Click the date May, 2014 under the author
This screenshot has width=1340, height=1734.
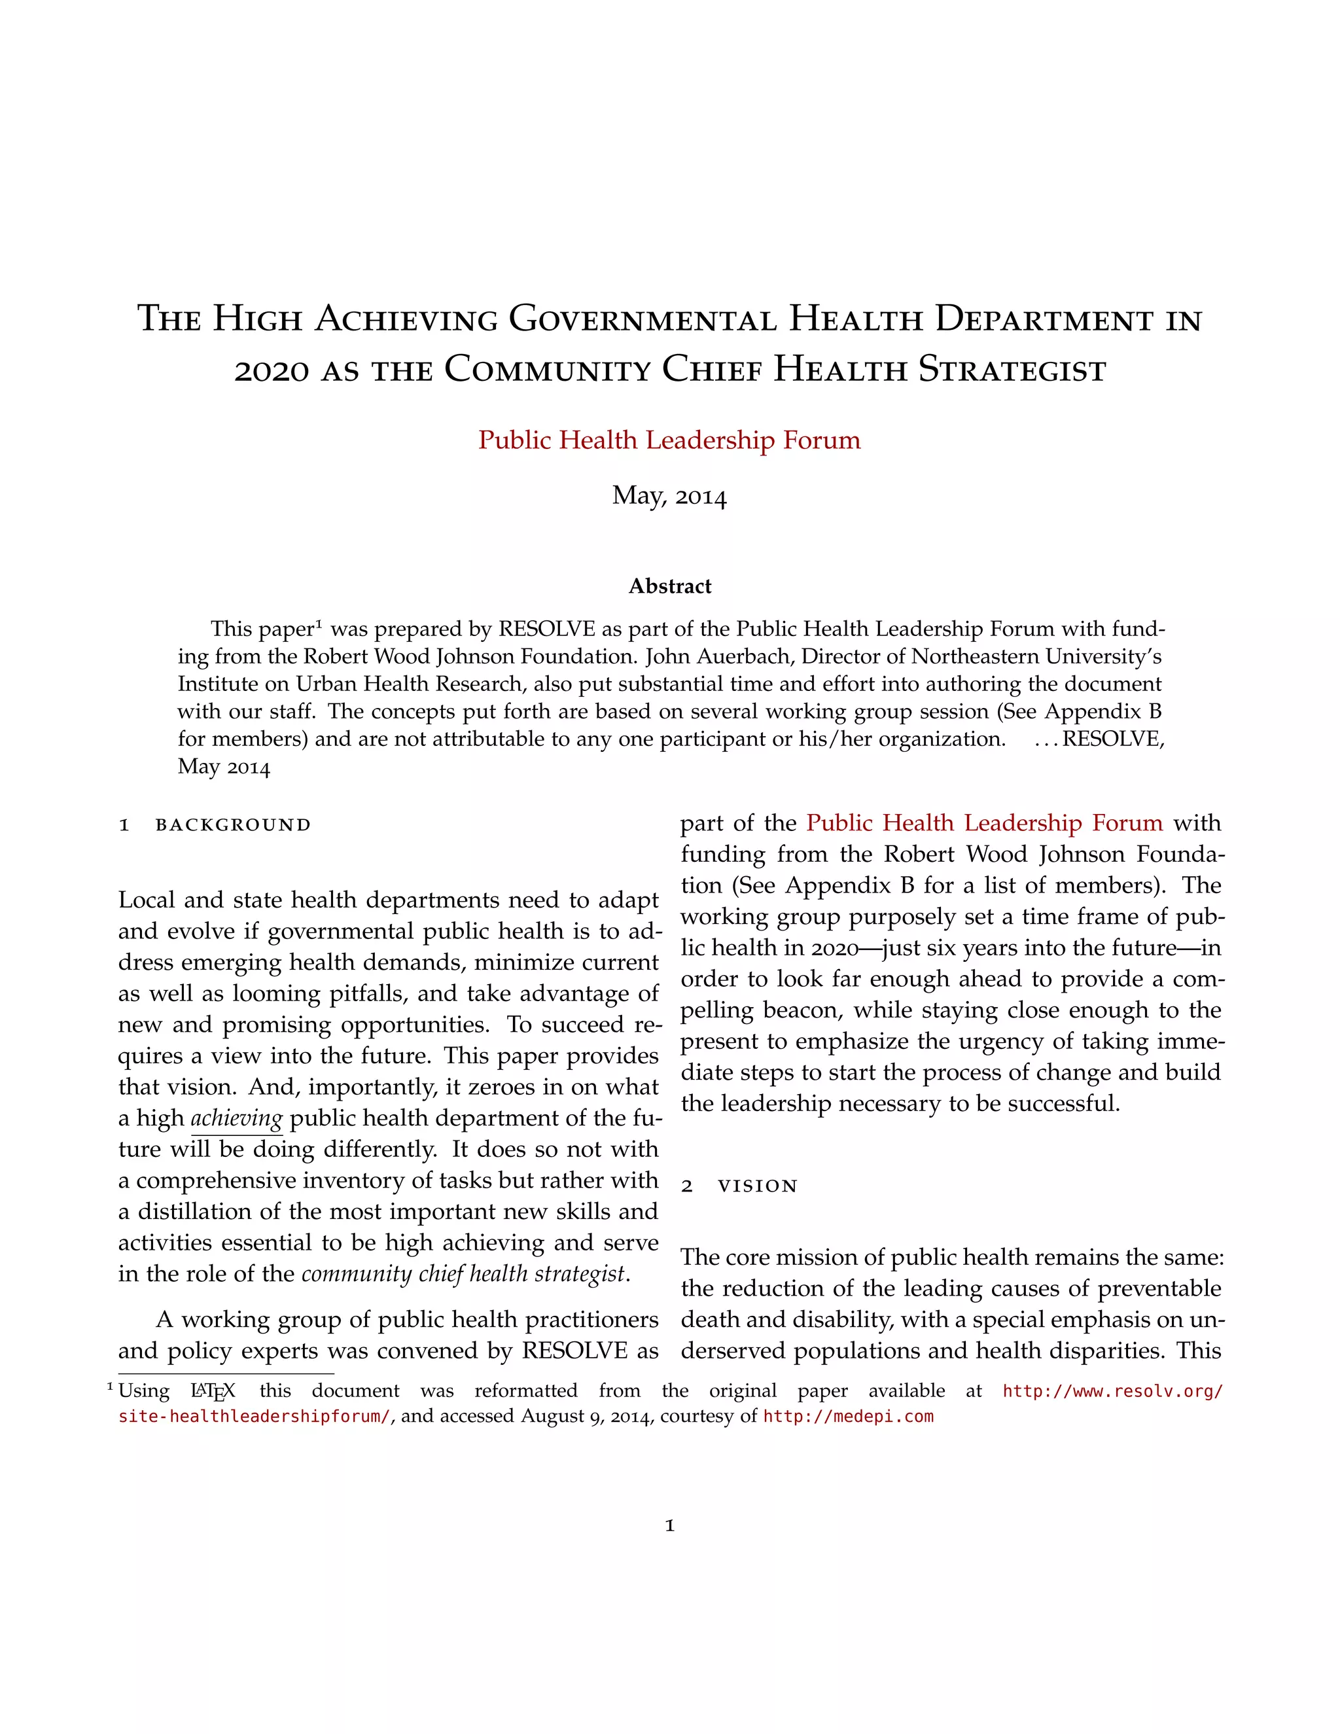669,495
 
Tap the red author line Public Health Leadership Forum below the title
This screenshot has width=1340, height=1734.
669,440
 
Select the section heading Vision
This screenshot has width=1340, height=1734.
756,1186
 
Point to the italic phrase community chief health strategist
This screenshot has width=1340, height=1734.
465,1273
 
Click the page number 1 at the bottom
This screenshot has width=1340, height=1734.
669,1525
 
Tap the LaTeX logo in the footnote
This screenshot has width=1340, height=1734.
213,1392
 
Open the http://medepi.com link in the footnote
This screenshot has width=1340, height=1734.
848,1417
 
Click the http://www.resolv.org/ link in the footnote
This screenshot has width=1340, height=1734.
1113,1391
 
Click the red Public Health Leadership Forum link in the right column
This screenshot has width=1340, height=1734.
984,823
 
